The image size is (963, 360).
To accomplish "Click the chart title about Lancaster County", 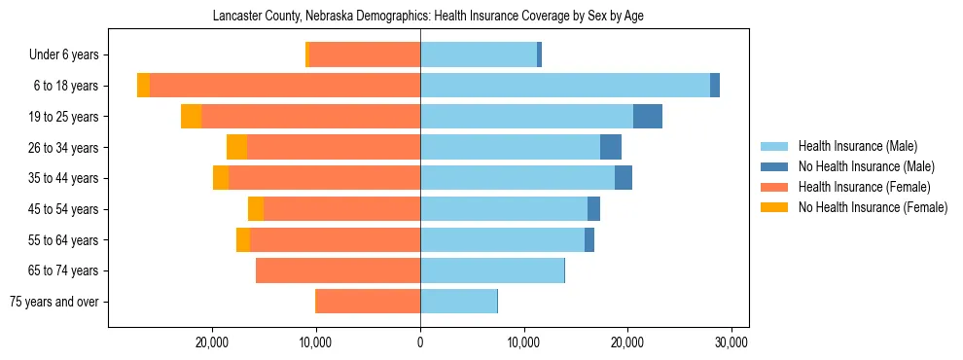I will pos(428,16).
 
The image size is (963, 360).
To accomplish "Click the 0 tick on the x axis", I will pos(420,342).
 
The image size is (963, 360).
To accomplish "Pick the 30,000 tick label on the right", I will pos(731,342).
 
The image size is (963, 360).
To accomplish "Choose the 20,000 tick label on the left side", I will pos(212,342).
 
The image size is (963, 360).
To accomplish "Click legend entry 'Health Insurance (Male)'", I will pos(857,146).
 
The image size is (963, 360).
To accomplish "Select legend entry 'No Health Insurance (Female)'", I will pos(873,207).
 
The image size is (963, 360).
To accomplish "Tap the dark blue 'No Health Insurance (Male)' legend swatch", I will pos(773,166).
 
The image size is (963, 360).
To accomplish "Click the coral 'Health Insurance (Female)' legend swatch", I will pos(773,187).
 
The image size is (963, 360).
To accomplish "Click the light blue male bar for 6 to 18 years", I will pos(564,86).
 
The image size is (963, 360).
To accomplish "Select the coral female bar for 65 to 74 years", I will pos(338,270).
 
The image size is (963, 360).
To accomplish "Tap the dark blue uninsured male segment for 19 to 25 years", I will pos(648,117).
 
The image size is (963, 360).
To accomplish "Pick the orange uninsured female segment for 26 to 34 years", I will pos(236,147).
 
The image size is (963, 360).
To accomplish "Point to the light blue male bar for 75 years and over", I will pos(458,302).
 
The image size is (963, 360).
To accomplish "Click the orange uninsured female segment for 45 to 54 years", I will pos(256,209).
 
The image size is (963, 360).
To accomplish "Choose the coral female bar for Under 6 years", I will pos(365,54).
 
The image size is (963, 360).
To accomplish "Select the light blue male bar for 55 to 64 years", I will pos(502,239).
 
